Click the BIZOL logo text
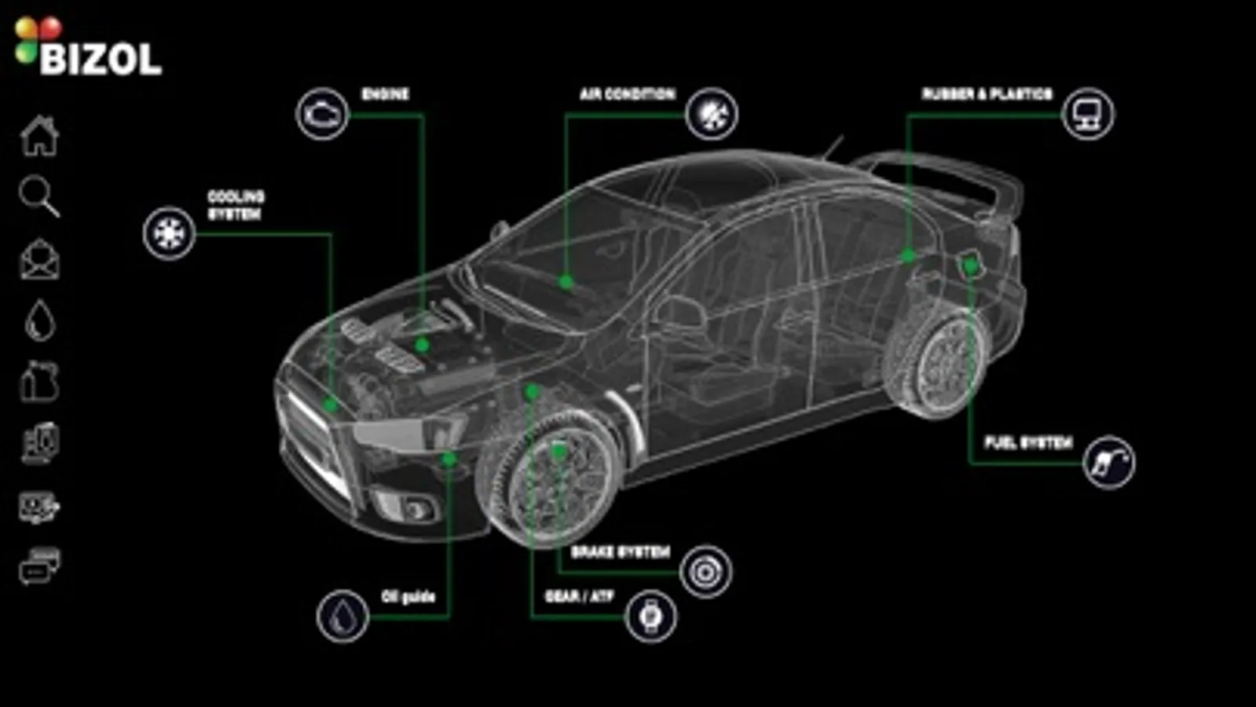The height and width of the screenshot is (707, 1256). coord(100,59)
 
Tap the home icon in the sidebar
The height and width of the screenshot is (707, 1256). coord(39,136)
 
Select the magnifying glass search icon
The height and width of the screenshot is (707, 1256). coord(38,196)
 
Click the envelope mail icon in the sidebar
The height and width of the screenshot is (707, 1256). coord(39,259)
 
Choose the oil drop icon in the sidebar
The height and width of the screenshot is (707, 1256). coord(39,321)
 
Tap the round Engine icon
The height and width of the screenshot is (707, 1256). coord(322,115)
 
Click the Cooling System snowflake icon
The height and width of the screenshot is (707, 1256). coord(169,233)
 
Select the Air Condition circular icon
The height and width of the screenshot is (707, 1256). coord(711,114)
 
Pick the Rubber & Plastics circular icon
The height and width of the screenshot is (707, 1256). coord(1087,114)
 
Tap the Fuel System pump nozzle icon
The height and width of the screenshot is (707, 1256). coord(1108,462)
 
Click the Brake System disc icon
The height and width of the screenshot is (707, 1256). coord(705,572)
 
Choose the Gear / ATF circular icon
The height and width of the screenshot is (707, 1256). coord(650,617)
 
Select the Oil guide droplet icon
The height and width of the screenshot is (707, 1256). coord(342,617)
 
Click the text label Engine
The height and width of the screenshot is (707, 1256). coord(385,94)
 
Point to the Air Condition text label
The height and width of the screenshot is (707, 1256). coord(627,94)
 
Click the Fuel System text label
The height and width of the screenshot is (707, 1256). coord(1028,443)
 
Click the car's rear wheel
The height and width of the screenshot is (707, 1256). coord(939,363)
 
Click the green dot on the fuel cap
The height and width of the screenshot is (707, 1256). coord(971,266)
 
